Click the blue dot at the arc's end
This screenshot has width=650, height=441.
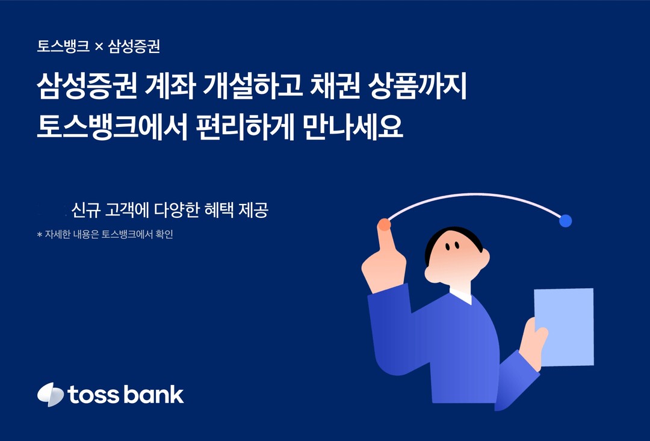(x=565, y=221)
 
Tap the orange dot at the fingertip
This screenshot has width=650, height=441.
(x=384, y=224)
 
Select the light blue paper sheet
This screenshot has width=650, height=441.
(x=564, y=327)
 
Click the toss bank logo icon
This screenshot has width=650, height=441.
(x=50, y=394)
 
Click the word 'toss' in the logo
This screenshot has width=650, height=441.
(x=93, y=395)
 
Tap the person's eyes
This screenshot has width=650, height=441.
(x=452, y=246)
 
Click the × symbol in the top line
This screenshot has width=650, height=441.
(x=99, y=47)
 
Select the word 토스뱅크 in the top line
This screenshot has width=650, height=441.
(x=63, y=46)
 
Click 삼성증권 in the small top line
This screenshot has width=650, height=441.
(x=134, y=46)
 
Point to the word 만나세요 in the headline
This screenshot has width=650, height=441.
(x=353, y=127)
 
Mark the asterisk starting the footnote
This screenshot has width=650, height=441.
(x=40, y=235)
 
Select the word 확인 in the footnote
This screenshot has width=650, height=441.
(x=164, y=234)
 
